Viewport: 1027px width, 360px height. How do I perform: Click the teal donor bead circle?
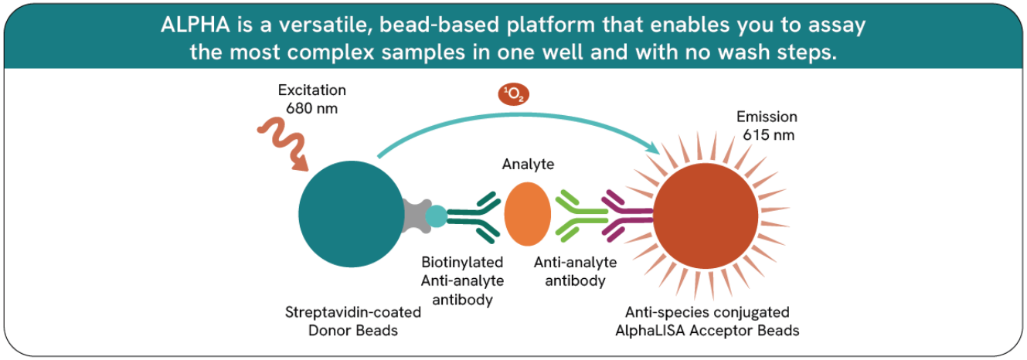tap(351, 214)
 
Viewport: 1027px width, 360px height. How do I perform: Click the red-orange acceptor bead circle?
tap(706, 216)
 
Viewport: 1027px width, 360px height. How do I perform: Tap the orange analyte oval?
tap(527, 214)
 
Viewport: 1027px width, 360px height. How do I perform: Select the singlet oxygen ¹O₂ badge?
tap(513, 94)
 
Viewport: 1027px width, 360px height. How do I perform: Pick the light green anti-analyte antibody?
tap(581, 216)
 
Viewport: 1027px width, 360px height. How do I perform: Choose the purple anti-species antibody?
tap(627, 216)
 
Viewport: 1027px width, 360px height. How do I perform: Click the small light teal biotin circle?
tap(436, 216)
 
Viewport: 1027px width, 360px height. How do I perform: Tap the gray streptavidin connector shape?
tap(417, 216)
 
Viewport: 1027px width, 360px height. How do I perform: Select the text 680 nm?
tap(311, 109)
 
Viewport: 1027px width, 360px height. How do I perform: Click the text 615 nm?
tap(769, 135)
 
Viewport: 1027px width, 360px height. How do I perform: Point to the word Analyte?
tap(528, 165)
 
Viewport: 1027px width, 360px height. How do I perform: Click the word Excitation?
tap(311, 90)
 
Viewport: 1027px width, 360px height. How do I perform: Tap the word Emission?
tap(767, 117)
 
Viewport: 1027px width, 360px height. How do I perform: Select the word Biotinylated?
tap(462, 263)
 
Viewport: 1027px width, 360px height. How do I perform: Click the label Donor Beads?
tap(353, 330)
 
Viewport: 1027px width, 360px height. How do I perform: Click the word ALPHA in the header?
tap(196, 25)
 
